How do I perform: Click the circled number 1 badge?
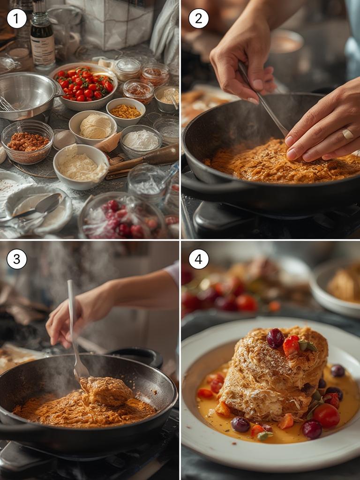(x=16, y=18)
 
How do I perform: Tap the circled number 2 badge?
(x=198, y=18)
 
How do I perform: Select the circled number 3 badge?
(x=16, y=259)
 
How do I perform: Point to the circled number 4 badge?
(x=198, y=259)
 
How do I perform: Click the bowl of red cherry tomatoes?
(x=83, y=85)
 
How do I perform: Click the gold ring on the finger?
(x=347, y=134)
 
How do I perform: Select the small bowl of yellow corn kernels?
(x=126, y=111)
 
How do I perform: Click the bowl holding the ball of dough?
(x=93, y=127)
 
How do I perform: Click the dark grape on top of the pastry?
(x=275, y=338)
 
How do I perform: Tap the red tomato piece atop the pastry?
(x=291, y=345)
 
